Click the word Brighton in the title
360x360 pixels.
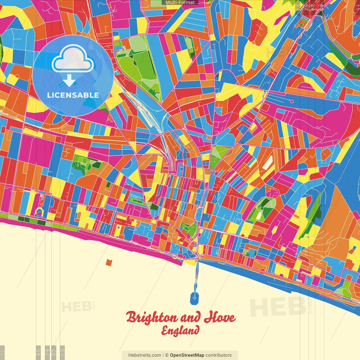152,318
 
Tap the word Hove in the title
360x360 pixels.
220,318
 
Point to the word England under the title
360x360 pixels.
180,331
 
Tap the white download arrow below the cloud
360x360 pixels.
69,80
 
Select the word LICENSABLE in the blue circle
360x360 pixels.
73,95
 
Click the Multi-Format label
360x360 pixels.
180,3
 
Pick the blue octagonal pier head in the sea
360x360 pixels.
194,298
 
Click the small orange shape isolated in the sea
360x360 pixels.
109,262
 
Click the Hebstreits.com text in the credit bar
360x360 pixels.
145,355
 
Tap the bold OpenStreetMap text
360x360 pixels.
187,355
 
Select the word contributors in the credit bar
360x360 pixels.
219,355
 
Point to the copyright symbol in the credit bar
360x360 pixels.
166,355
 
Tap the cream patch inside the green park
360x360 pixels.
259,215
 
